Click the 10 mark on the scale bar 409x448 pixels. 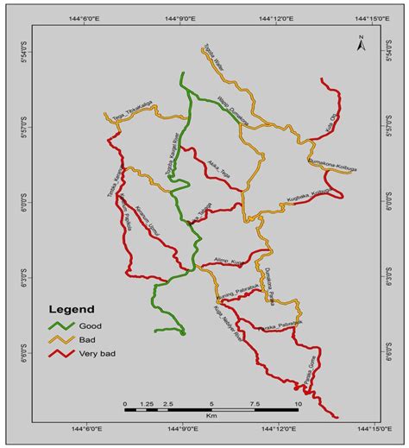(298, 403)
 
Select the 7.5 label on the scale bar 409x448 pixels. (255, 403)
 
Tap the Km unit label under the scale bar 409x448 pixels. (211, 416)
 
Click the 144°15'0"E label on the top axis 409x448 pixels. (373, 15)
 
